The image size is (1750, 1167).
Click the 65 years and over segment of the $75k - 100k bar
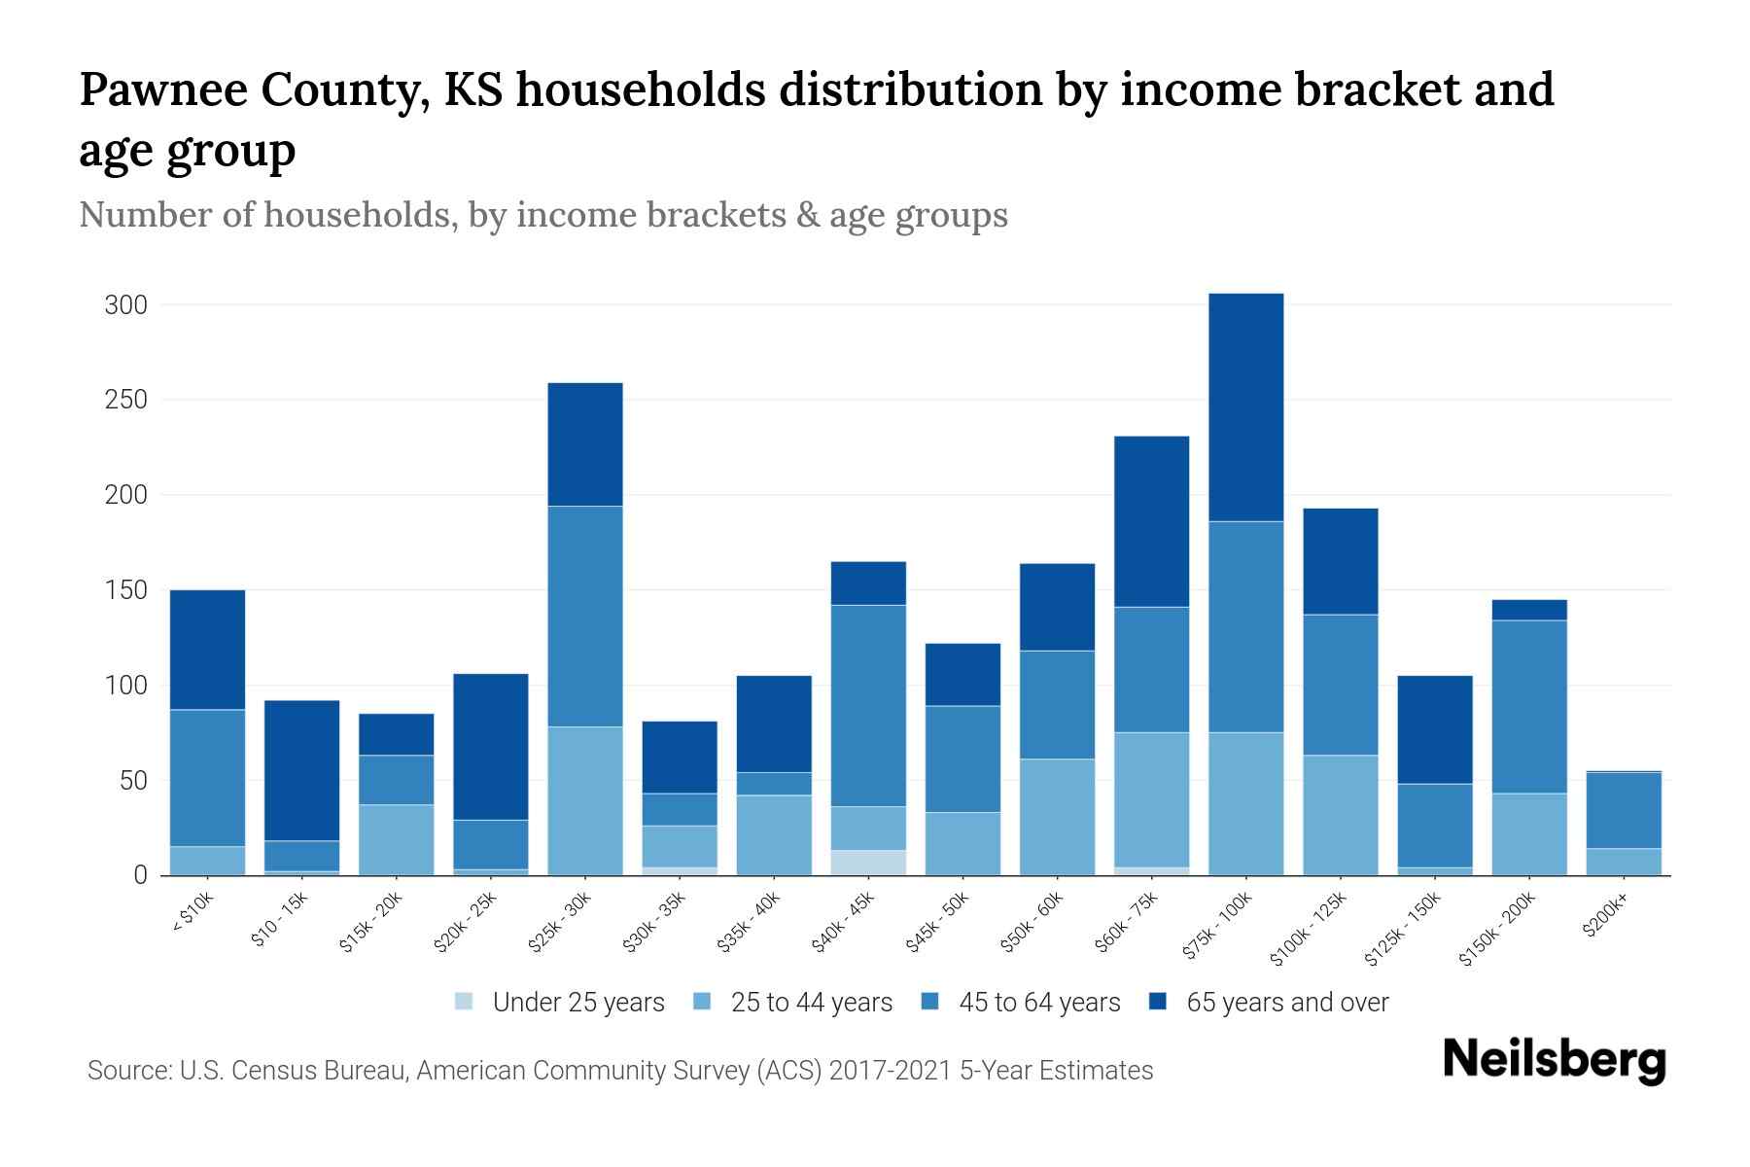pos(1245,407)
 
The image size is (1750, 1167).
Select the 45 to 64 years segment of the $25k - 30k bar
pos(585,616)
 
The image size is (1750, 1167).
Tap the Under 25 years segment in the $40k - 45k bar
pos(868,863)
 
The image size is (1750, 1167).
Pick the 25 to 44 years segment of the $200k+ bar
pos(1623,862)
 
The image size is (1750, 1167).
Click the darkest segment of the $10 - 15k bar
pos(301,769)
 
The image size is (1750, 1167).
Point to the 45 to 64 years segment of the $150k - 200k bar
pos(1528,706)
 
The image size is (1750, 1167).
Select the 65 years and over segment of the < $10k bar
pos(207,649)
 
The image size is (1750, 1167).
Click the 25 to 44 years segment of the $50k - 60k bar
pos(1057,817)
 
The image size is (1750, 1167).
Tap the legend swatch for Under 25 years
pos(465,1002)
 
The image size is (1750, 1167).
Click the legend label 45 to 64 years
pos(1039,1003)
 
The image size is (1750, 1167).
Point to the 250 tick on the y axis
pos(125,400)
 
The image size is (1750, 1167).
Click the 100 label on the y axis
pos(125,686)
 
